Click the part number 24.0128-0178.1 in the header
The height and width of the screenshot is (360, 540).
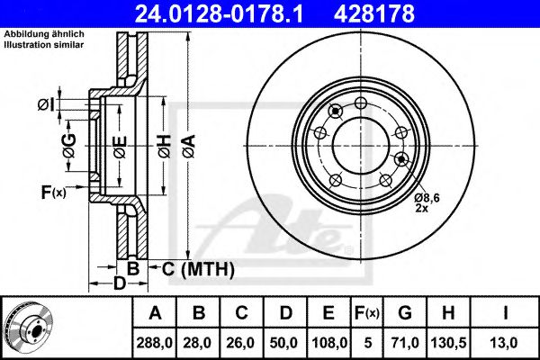(219, 14)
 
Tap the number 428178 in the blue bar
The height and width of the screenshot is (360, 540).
(374, 14)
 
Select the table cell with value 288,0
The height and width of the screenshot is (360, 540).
(154, 343)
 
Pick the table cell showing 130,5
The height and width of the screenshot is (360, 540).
(448, 343)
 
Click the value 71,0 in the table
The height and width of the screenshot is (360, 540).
(405, 343)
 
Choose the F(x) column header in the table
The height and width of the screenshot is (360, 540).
(367, 312)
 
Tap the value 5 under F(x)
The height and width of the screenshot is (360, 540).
(368, 343)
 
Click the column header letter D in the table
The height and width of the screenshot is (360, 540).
(286, 312)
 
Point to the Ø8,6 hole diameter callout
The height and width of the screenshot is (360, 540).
(427, 198)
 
